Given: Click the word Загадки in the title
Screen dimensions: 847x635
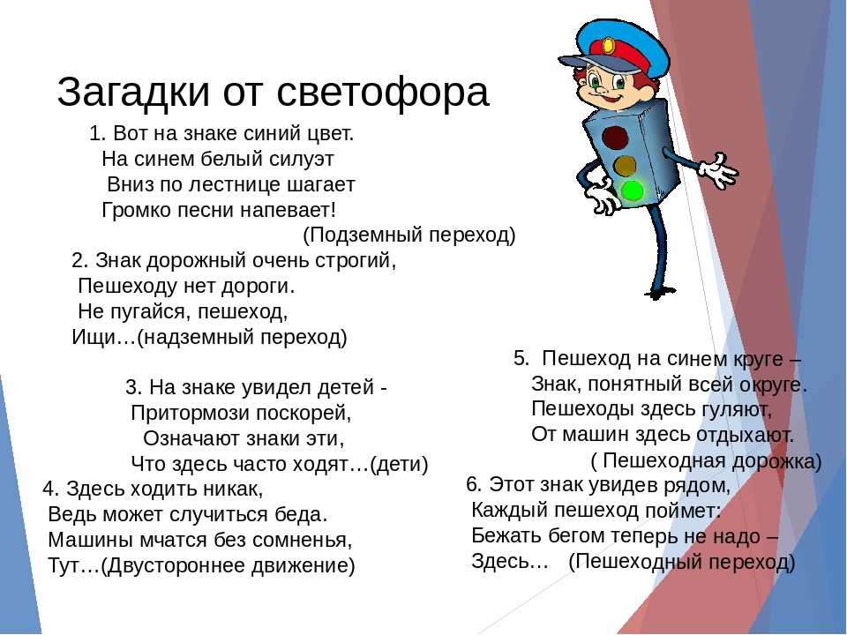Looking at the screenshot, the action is [x=133, y=93].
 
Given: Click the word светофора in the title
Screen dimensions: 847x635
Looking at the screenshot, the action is [x=383, y=93].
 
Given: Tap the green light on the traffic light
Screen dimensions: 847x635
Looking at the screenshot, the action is [x=632, y=190].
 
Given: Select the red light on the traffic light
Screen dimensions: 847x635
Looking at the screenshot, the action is [x=615, y=138].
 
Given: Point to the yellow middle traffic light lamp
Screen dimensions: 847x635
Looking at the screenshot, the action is [x=625, y=165].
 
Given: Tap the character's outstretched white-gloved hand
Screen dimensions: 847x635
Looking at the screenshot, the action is [x=718, y=170].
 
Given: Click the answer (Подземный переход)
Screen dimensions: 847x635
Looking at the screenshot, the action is [x=409, y=235].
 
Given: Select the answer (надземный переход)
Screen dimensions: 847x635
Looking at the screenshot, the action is [x=242, y=338].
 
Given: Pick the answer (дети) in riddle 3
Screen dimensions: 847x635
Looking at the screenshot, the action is [x=399, y=465].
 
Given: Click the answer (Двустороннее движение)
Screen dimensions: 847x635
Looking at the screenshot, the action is [x=228, y=566].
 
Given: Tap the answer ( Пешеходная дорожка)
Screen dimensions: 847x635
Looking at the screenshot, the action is [x=706, y=461].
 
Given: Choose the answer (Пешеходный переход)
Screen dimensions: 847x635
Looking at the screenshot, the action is [x=682, y=562].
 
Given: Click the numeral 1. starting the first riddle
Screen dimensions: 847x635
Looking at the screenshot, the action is [x=98, y=133].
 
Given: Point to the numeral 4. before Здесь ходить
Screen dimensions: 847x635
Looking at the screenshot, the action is [x=51, y=489].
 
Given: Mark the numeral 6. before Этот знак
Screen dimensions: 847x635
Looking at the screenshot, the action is [x=474, y=485].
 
